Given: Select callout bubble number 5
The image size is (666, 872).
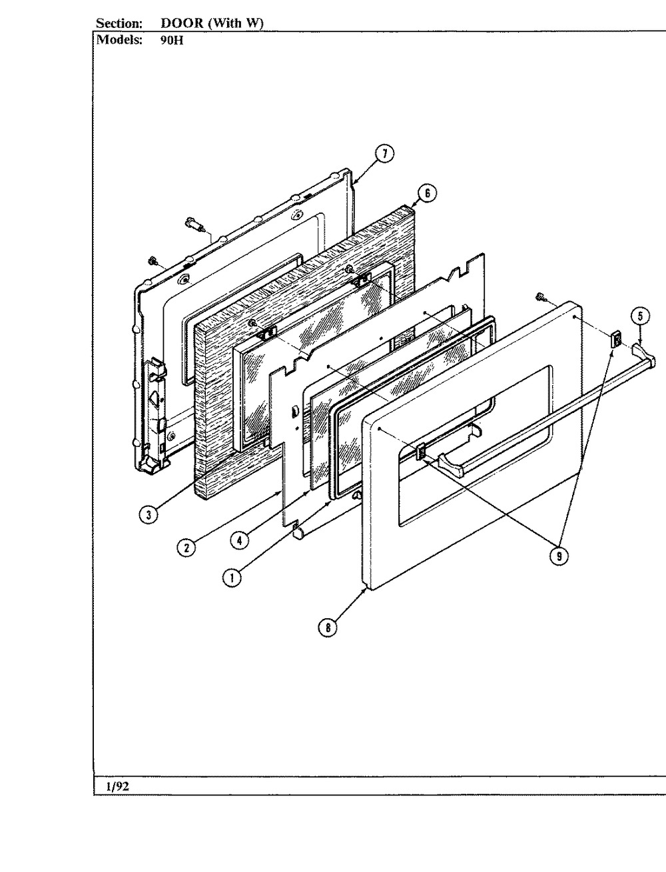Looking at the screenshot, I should tap(640, 316).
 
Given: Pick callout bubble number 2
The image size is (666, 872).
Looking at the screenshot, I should tap(187, 546).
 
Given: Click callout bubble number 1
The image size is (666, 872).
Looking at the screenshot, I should tap(232, 579).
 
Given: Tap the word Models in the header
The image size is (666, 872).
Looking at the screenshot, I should tap(119, 39).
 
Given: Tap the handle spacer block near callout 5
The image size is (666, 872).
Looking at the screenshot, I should tap(616, 340).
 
